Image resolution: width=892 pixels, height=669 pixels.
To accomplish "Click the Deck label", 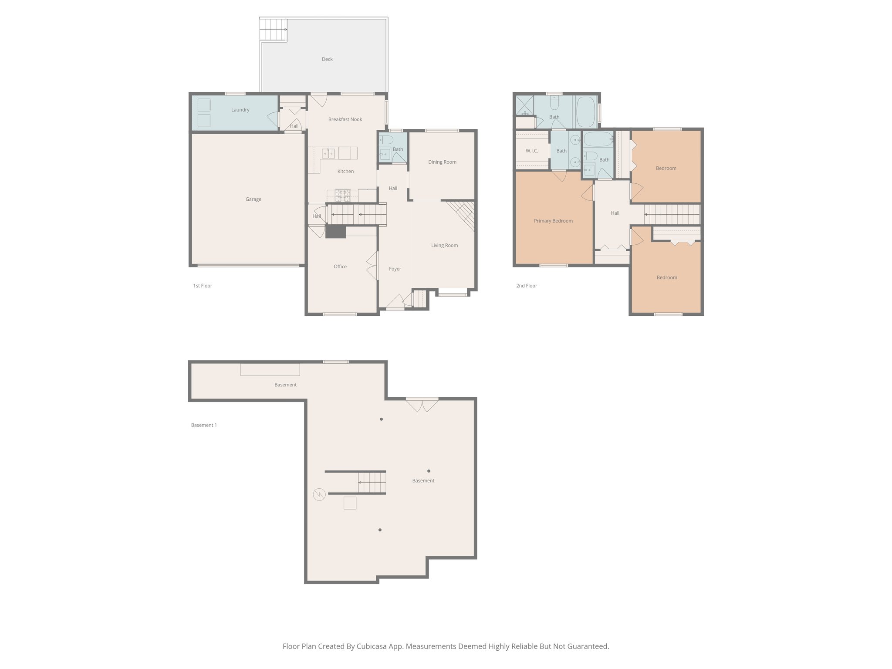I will tap(327, 59).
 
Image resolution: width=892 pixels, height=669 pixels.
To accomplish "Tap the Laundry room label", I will tap(240, 110).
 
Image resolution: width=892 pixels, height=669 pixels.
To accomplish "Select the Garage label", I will tap(253, 199).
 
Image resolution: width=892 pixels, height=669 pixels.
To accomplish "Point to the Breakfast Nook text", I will tap(345, 119).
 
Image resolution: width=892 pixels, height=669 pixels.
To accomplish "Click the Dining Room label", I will tap(442, 162).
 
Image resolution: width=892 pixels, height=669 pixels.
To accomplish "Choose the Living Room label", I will tap(444, 245).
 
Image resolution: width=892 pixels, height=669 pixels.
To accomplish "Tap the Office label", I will tap(340, 267).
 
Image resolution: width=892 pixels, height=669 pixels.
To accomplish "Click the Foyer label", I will tap(395, 269).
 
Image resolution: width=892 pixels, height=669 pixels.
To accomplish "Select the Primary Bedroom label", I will tap(553, 221).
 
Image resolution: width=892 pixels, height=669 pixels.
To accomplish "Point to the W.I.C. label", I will tap(532, 151).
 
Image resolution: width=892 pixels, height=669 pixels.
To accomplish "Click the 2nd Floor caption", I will tap(527, 286).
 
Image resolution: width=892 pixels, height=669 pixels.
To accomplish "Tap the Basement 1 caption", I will tap(204, 425).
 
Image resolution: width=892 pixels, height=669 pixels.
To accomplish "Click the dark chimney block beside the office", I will tap(335, 232).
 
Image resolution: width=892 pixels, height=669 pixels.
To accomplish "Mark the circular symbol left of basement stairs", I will tap(319, 494).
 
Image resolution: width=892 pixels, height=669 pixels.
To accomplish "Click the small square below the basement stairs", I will tap(350, 503).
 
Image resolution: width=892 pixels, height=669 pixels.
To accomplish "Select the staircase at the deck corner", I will tap(274, 30).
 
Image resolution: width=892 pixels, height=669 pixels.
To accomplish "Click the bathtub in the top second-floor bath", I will tap(587, 111).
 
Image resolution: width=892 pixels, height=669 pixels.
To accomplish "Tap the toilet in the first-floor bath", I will tap(386, 140).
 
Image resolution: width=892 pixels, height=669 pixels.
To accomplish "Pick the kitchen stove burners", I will tap(343, 195).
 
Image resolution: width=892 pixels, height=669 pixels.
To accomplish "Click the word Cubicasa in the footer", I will tap(372, 646).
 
